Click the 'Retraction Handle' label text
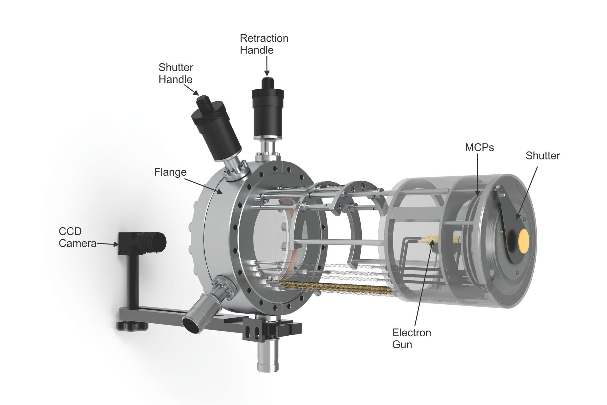(264, 44)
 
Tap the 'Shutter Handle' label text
(176, 73)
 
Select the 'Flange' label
(170, 172)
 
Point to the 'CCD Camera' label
(77, 237)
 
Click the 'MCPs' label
(479, 147)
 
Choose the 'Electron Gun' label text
(411, 339)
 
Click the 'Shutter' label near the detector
(543, 156)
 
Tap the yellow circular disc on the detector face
(524, 241)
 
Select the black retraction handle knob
(268, 108)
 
